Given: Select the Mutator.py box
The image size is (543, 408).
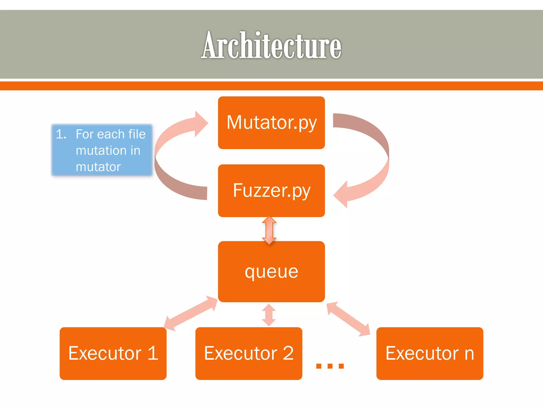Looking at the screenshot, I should tap(271, 122).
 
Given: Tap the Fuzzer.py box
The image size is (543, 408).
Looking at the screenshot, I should tap(271, 190).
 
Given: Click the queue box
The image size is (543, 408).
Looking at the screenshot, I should tap(271, 271).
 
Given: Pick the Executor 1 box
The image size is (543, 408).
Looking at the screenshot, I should tap(113, 353).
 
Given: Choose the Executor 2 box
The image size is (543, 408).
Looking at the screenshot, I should tap(249, 353).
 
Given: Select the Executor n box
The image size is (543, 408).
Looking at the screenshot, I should tap(430, 353).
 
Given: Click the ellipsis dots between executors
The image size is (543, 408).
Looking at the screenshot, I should tap(330, 366).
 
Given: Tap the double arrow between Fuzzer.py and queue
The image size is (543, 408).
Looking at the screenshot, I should tap(269, 230).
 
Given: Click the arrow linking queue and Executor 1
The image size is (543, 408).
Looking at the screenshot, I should tap(190, 313).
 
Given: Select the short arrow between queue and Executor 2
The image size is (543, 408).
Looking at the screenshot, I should tap(269, 315).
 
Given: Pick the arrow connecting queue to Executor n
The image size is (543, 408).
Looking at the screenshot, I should tap(348, 319).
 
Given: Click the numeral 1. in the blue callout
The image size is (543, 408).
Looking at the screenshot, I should tap(61, 134).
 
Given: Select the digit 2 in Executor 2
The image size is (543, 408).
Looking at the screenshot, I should tap(288, 353).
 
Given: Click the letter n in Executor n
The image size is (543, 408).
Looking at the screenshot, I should tap(469, 354).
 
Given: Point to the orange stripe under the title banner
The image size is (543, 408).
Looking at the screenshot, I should tap(271, 86).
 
